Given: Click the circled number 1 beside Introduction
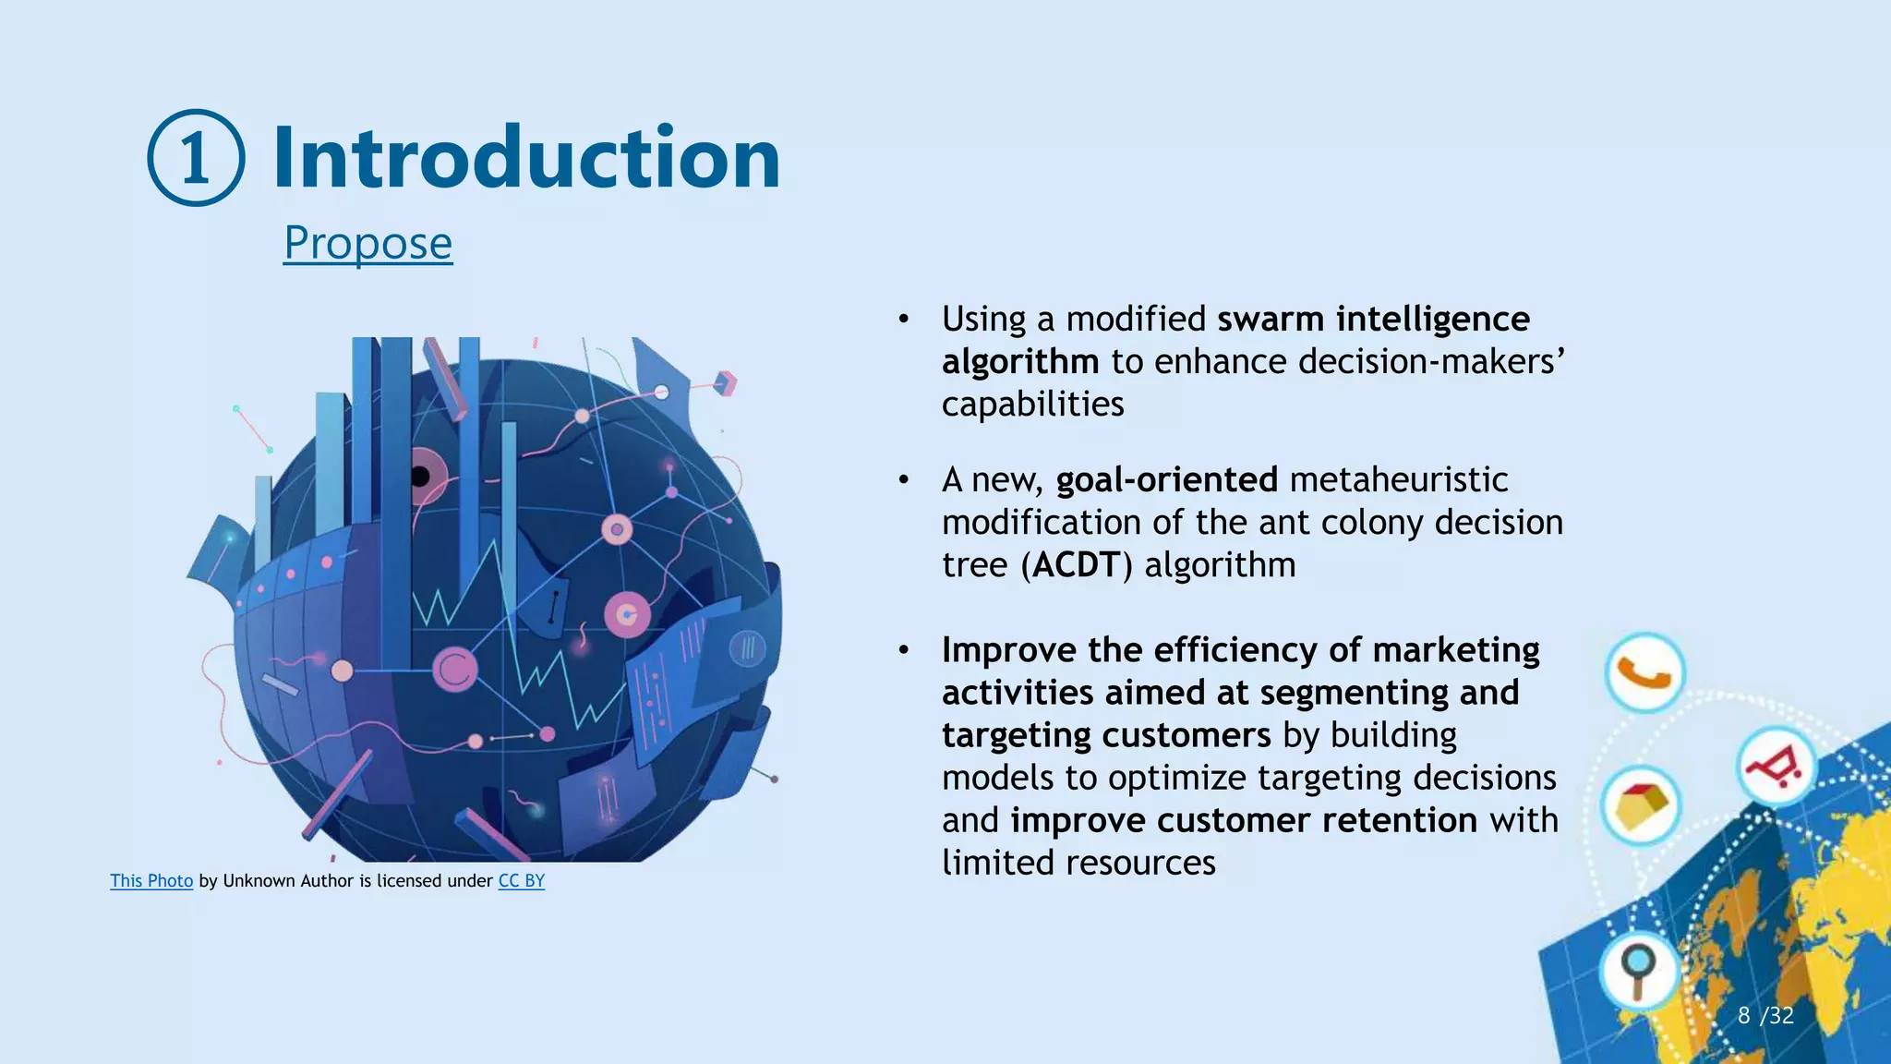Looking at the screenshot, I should tap(196, 158).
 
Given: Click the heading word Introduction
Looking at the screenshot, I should tap(526, 158).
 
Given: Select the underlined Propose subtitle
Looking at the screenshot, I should tap(367, 243).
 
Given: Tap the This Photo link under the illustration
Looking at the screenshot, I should tap(151, 881).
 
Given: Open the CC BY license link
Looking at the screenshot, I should tap(521, 881).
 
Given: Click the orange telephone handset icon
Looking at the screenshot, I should tap(1644, 673).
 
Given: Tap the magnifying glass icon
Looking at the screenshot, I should tap(1639, 969).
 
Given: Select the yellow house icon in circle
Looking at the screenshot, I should tap(1641, 805).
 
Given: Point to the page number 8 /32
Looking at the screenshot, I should tap(1765, 1016).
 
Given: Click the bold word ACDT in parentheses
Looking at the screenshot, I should tap(1077, 565).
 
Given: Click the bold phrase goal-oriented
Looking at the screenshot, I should tap(1166, 480).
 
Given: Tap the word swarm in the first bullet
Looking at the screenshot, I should tap(1271, 320).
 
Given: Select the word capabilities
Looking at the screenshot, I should tap(1032, 405).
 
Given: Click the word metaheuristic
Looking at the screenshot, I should tap(1398, 480).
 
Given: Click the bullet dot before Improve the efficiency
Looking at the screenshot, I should tap(904, 651).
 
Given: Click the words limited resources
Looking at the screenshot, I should tap(1078, 863).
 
